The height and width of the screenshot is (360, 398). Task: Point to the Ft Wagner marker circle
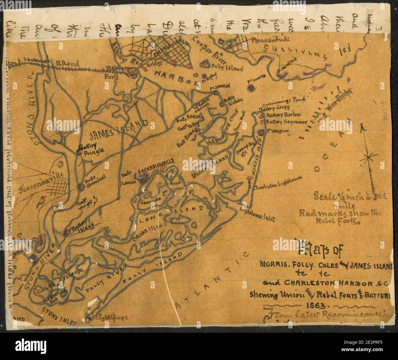click(261, 133)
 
